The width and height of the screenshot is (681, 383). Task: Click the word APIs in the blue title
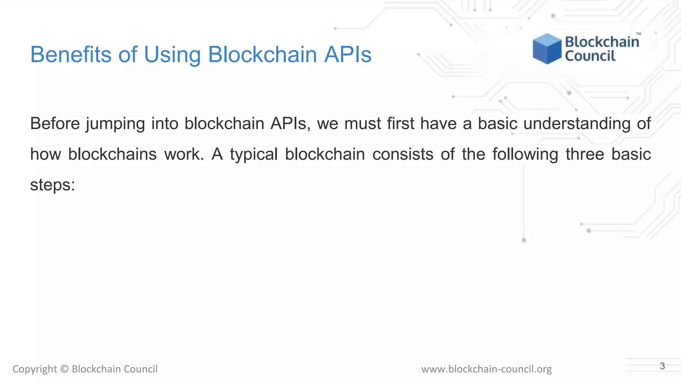[347, 54]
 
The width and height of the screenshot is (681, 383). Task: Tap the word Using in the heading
[172, 54]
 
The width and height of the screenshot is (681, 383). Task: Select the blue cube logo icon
[547, 49]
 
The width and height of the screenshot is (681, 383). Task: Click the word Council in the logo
[590, 56]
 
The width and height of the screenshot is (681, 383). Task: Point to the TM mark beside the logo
[638, 34]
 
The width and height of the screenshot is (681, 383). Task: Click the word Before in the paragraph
[55, 123]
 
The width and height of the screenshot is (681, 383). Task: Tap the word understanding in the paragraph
[577, 123]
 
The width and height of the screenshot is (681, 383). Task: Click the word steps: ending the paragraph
[53, 185]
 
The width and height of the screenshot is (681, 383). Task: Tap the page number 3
[662, 366]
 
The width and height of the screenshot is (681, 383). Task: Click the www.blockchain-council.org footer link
[486, 369]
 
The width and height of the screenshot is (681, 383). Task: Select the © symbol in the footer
[65, 369]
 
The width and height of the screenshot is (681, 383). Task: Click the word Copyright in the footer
[35, 369]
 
